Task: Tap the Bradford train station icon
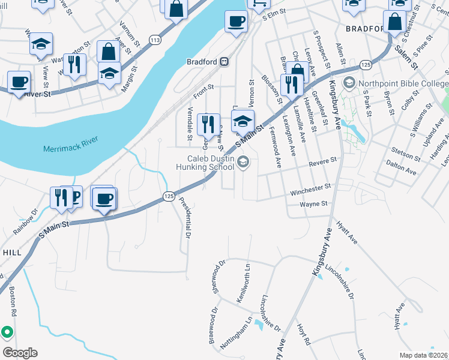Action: (224, 61)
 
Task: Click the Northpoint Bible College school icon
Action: (348, 83)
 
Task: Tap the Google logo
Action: (20, 353)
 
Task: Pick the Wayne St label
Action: (313, 204)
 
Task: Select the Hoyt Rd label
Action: (303, 334)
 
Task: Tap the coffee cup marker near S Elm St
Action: (235, 22)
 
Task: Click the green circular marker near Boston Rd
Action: (7, 331)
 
